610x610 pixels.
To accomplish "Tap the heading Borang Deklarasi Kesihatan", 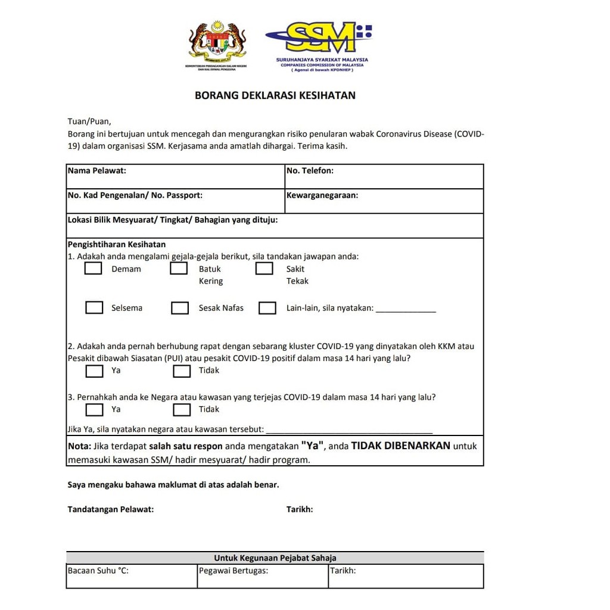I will [275, 95].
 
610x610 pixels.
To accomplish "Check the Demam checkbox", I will [93, 269].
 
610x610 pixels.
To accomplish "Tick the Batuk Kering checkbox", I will [179, 269].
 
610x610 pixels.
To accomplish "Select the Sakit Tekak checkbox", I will [264, 269].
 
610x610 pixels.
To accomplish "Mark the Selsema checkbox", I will [94, 308].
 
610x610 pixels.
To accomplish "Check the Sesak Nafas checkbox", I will [180, 308].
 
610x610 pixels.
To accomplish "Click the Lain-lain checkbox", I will [267, 308].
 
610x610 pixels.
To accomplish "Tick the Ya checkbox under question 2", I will [94, 371].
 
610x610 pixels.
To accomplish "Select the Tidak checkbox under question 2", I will [182, 371].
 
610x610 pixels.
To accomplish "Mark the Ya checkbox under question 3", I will [94, 410].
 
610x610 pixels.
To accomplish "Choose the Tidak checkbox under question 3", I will [182, 410].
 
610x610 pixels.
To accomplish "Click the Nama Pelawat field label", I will [97, 171].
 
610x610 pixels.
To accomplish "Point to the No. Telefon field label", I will [310, 171].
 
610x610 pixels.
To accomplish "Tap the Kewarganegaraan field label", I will [322, 195].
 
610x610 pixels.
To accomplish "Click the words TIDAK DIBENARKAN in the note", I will [400, 446].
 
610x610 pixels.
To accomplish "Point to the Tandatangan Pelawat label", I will [111, 509].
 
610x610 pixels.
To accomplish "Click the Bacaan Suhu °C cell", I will [131, 575].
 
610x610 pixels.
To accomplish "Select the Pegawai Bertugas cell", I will [262, 575].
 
